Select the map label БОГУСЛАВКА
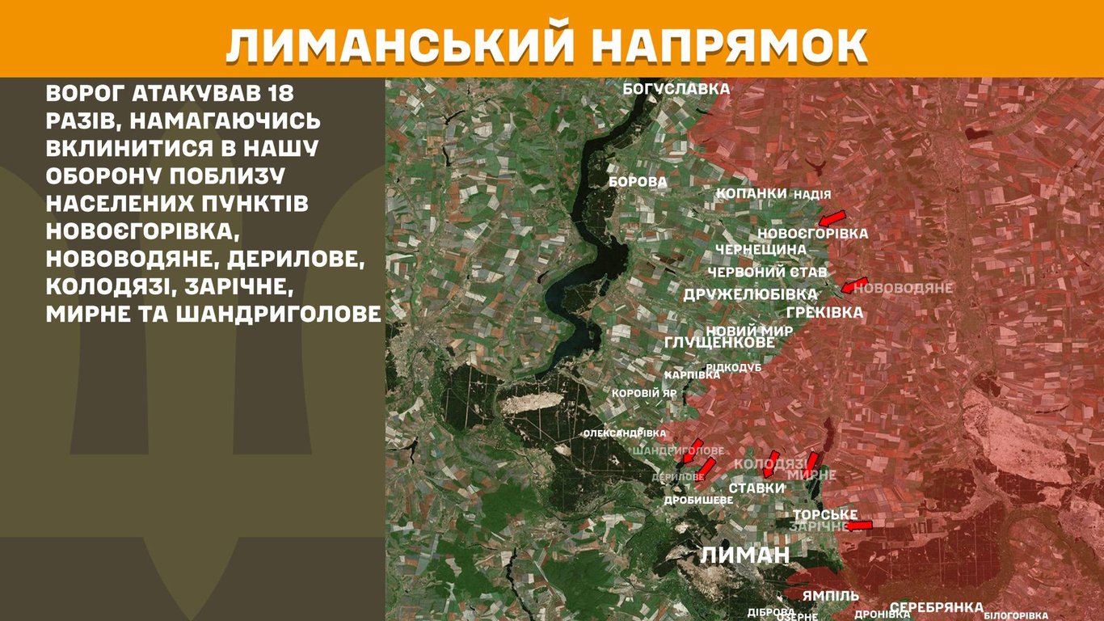pyautogui.click(x=676, y=89)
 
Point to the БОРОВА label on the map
pyautogui.click(x=638, y=182)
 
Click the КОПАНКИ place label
pyautogui.click(x=752, y=194)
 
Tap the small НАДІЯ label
pyautogui.click(x=812, y=195)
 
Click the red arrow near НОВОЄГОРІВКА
pyautogui.click(x=831, y=217)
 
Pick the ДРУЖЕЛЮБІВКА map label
pyautogui.click(x=751, y=294)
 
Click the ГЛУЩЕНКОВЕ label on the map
pyautogui.click(x=718, y=344)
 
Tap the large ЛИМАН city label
pyautogui.click(x=744, y=555)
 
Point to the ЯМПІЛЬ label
pyautogui.click(x=831, y=596)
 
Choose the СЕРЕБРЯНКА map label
pyautogui.click(x=936, y=607)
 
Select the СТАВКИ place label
pyautogui.click(x=756, y=488)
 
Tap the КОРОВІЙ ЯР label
pyautogui.click(x=644, y=393)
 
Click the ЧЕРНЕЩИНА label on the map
pyautogui.click(x=761, y=249)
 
